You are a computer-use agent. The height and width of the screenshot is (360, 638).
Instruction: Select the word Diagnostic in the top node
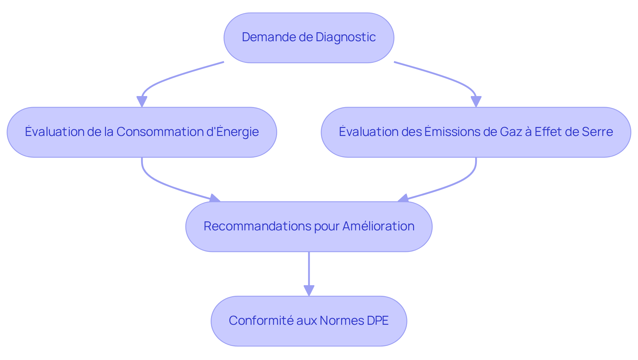tap(346, 37)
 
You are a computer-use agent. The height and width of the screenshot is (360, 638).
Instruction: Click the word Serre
tap(598, 132)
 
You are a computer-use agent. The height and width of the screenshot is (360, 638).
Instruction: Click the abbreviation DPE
tap(377, 320)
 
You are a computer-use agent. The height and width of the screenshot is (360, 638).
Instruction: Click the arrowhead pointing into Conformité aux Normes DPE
tap(309, 291)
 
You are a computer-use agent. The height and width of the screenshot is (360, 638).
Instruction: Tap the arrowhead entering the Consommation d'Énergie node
tap(142, 101)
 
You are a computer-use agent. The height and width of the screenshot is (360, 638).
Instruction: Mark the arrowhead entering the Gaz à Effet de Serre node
tap(476, 101)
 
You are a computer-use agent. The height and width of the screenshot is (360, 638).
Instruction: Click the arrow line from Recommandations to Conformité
tap(309, 269)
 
